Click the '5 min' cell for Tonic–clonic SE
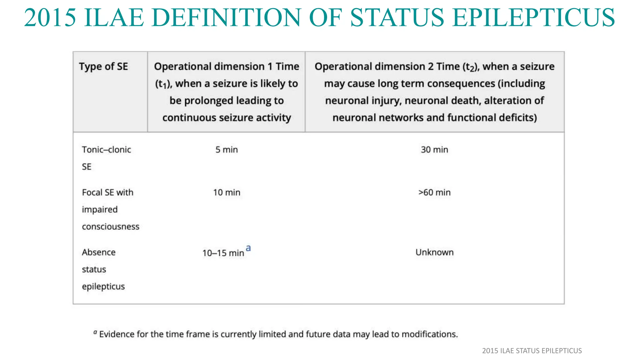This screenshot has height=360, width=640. [227, 150]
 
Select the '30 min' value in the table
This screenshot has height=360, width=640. [434, 150]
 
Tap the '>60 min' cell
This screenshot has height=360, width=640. [434, 192]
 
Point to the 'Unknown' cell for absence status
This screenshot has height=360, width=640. [434, 252]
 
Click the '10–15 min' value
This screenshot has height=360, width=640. [223, 253]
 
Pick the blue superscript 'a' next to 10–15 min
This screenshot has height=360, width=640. [248, 248]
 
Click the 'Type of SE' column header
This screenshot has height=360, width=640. [103, 67]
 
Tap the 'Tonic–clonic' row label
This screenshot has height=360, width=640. [106, 150]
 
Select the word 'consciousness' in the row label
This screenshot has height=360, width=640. [111, 227]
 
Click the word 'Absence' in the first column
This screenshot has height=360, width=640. [99, 252]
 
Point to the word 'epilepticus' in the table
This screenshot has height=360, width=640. [103, 287]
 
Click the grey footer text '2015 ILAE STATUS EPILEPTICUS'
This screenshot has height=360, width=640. [532, 351]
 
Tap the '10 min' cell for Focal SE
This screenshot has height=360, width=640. [227, 192]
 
